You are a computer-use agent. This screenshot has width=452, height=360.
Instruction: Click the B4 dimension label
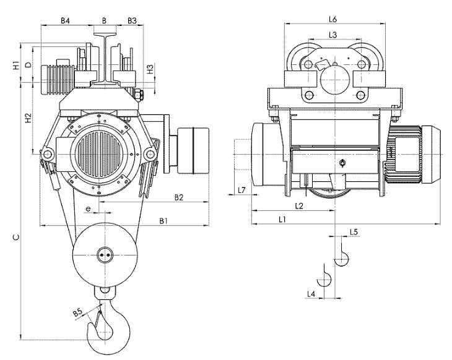pos(65,21)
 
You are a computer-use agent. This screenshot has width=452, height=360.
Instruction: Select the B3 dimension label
pos(132,21)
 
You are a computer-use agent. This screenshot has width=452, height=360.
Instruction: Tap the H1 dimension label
pos(16,66)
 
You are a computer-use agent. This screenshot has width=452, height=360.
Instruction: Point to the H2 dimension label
pos(28,118)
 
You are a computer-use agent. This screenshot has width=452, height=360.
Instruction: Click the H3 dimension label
pos(150,69)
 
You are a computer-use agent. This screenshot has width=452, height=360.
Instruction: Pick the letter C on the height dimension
pos(16,237)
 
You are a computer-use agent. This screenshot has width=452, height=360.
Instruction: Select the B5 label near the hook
pos(78,312)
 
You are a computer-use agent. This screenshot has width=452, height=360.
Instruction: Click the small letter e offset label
pos(88,208)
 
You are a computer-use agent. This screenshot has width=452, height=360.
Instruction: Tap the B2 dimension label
pos(179,197)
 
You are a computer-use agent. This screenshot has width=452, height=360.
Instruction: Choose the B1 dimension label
pos(163,221)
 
